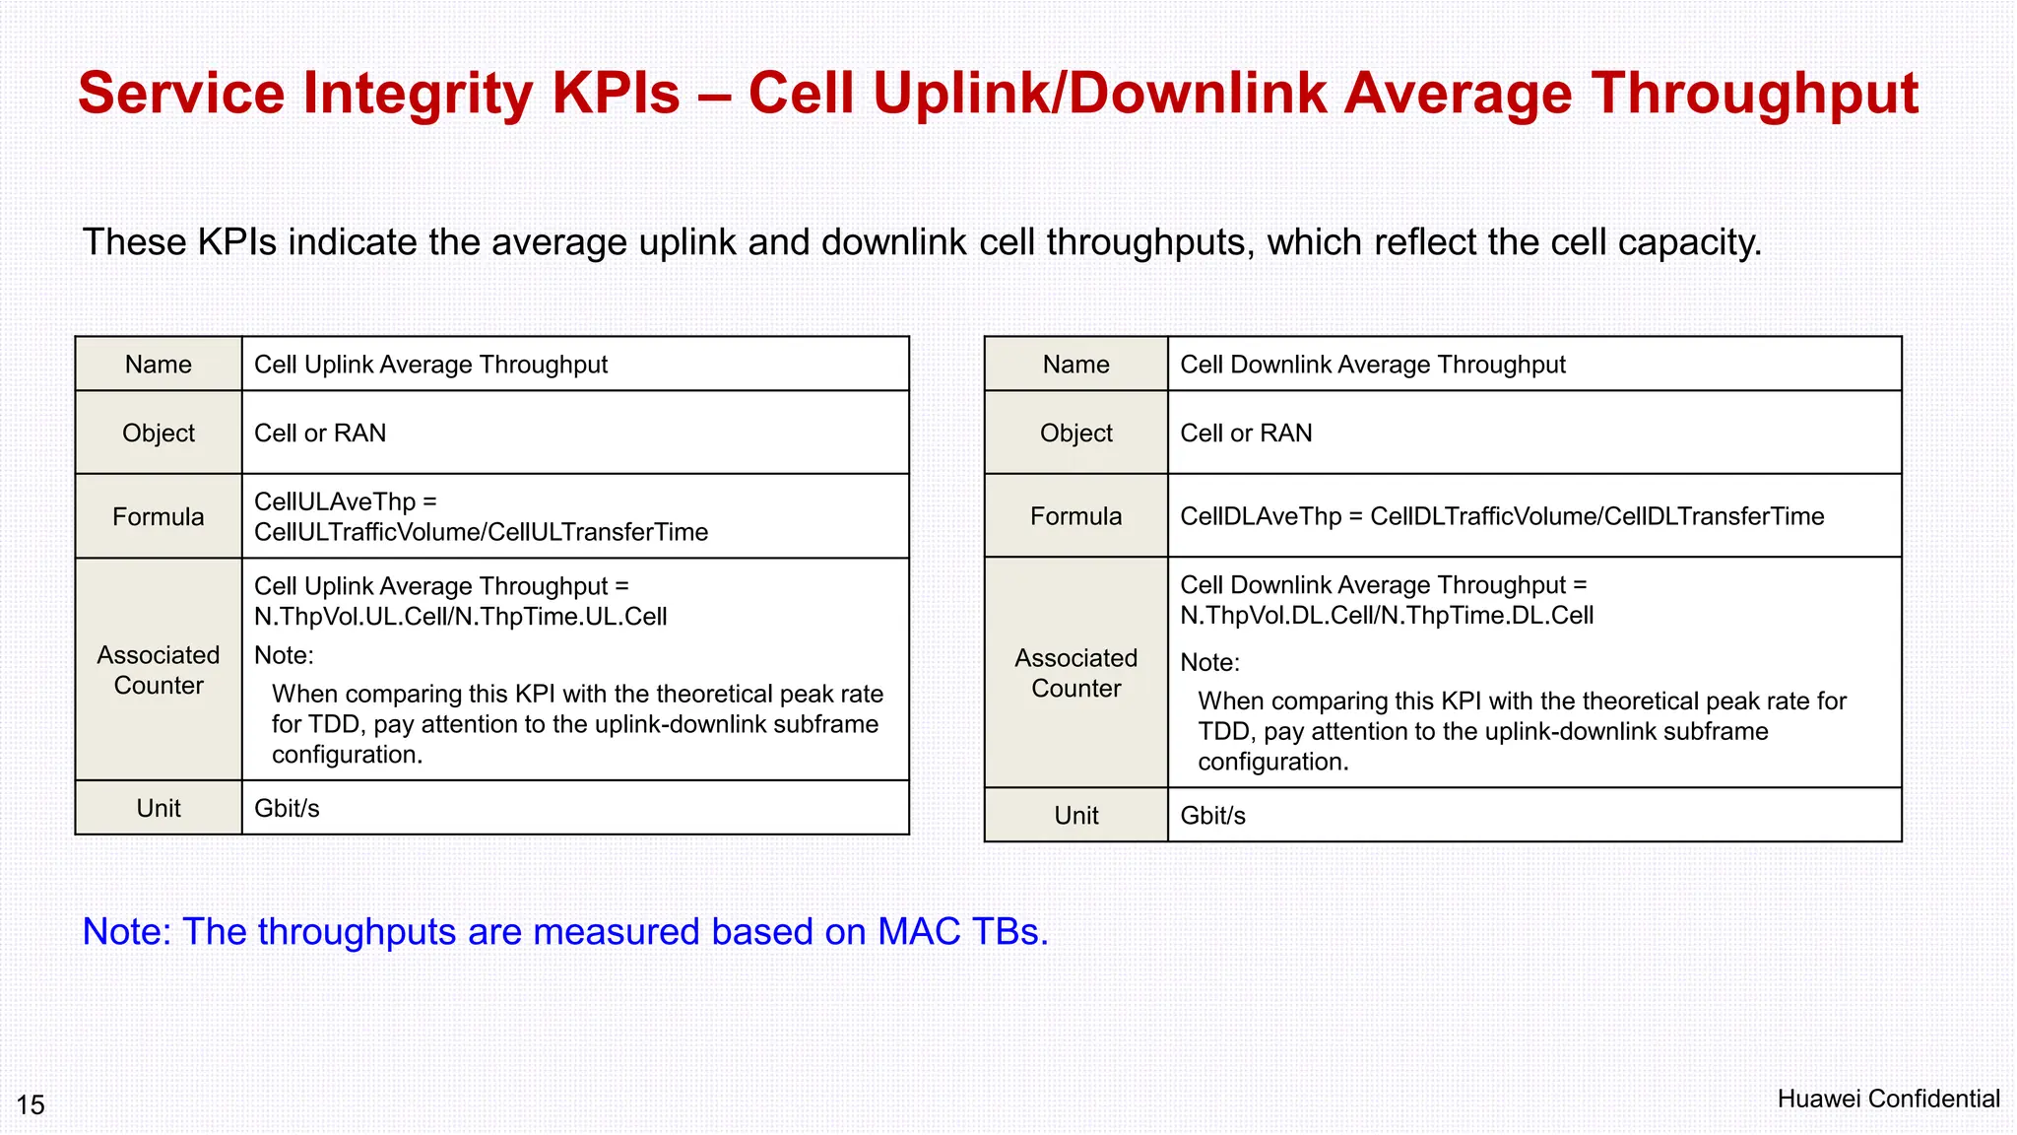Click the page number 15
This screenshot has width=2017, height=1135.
(31, 1104)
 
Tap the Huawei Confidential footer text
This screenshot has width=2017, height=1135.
(1888, 1099)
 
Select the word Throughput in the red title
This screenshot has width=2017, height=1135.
(1754, 94)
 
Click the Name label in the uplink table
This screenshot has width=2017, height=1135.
(159, 365)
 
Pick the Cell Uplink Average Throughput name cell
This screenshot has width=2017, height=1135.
(430, 365)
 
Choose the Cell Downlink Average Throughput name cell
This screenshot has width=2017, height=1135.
(1372, 365)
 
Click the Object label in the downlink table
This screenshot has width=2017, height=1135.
(1075, 433)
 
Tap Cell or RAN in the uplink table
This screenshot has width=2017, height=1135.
(320, 433)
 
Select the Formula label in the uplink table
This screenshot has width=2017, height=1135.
(159, 516)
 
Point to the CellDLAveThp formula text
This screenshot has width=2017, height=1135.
(1501, 516)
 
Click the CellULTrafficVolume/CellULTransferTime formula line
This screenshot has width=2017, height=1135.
(481, 532)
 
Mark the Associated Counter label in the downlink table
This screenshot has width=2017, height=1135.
(1075, 673)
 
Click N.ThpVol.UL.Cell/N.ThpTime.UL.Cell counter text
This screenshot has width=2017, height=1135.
(460, 617)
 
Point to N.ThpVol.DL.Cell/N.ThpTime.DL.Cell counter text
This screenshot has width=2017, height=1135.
(1386, 616)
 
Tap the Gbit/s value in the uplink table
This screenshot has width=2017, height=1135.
(287, 808)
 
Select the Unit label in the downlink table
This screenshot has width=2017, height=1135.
(1075, 816)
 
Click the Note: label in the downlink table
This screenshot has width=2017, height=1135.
(1209, 662)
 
